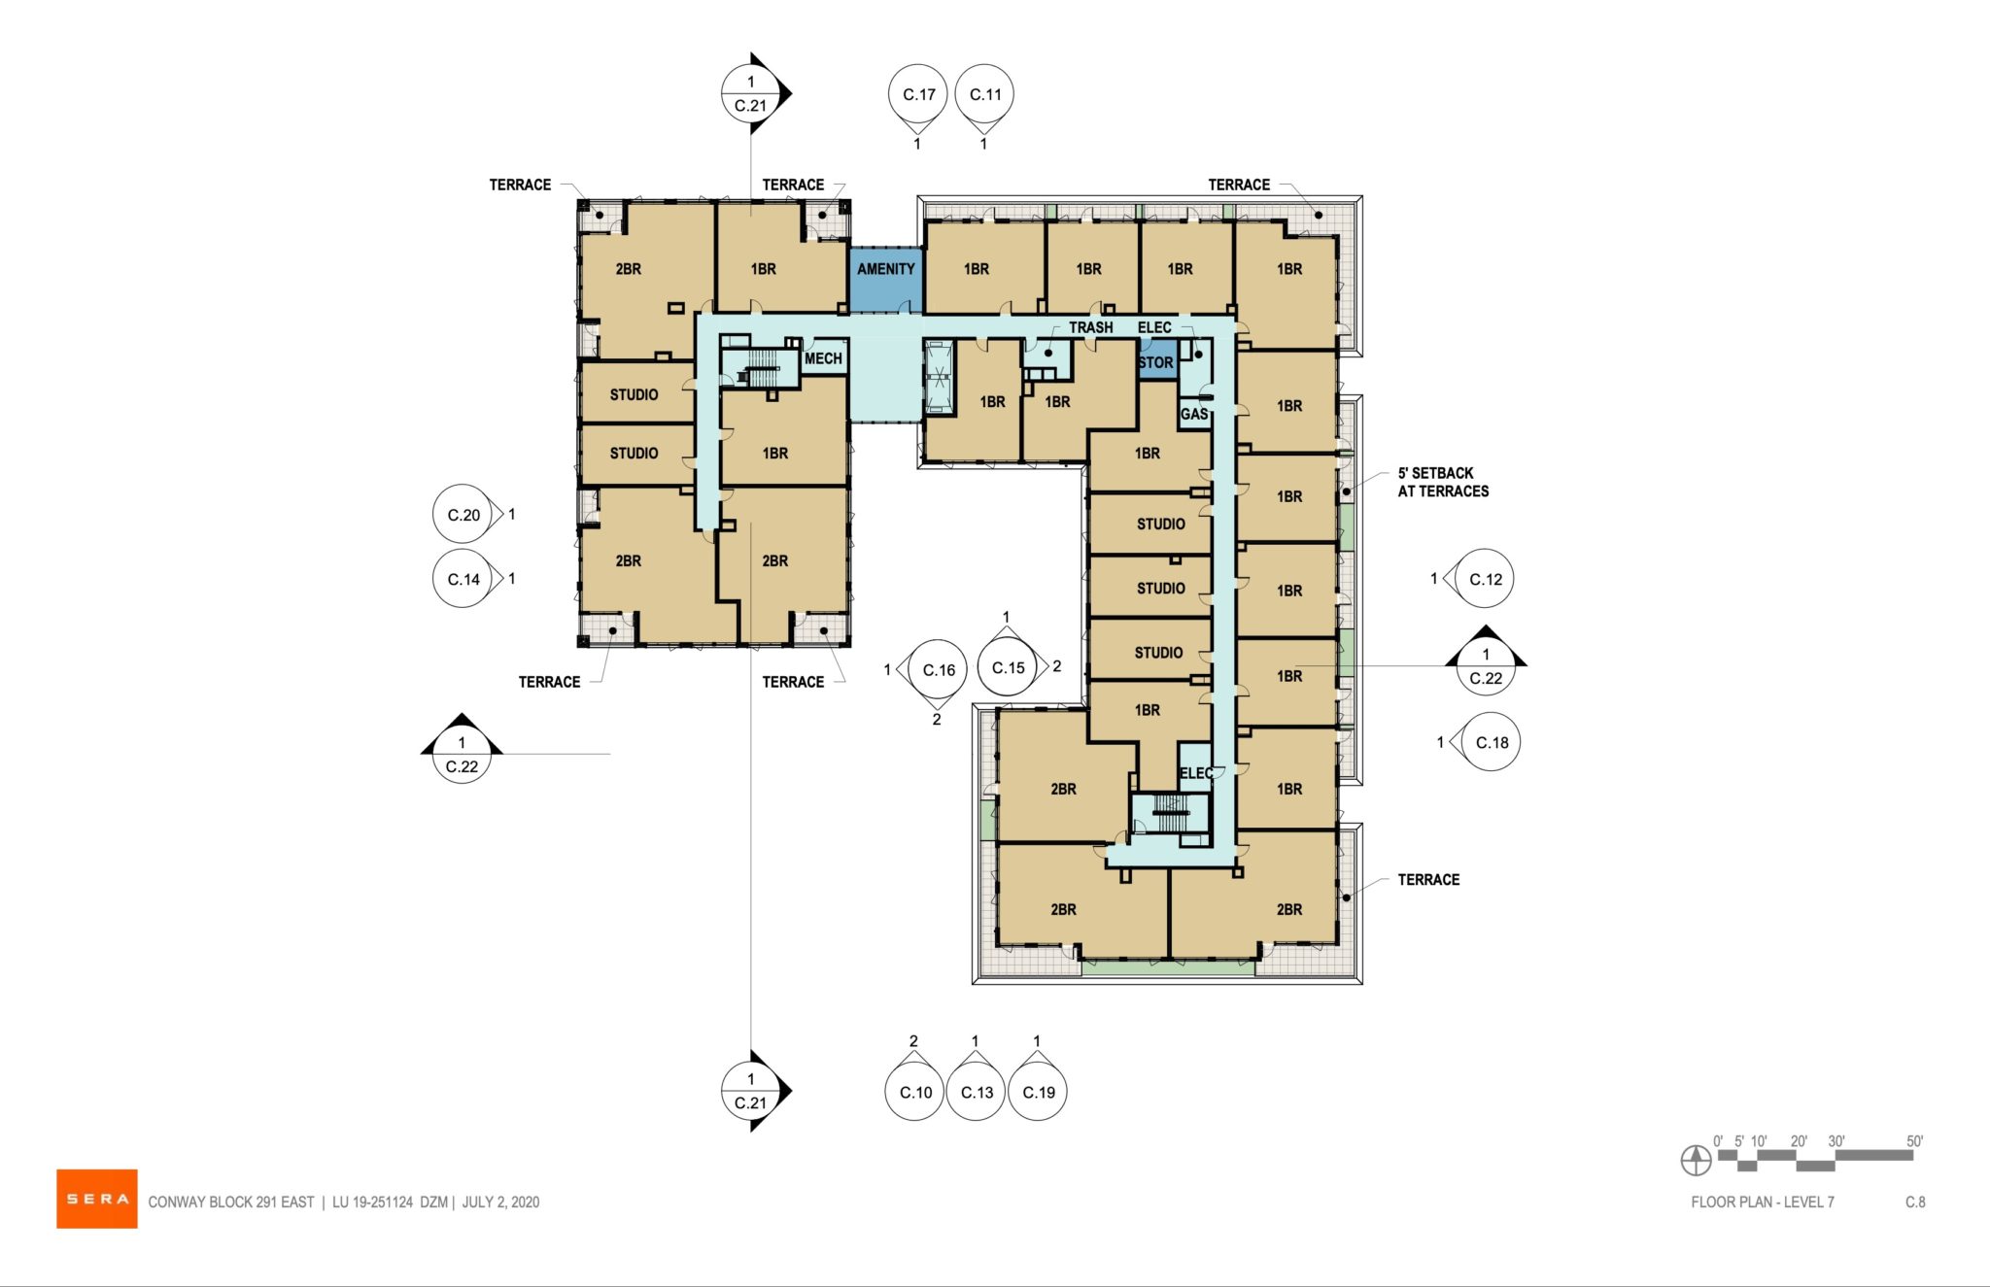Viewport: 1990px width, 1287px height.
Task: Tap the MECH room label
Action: point(823,358)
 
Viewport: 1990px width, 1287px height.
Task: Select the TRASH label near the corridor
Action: point(1090,327)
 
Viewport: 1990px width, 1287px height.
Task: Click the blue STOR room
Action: point(1156,362)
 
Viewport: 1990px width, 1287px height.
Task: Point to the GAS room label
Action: point(1194,414)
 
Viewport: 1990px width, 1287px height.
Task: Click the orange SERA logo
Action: point(96,1199)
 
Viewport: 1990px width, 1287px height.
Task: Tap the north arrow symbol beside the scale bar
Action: point(1696,1159)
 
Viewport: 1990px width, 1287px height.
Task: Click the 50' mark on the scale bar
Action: point(1913,1141)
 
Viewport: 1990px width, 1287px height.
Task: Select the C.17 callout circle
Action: point(918,94)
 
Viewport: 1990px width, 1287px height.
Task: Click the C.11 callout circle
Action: point(985,94)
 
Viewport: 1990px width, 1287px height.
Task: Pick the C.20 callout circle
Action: point(463,515)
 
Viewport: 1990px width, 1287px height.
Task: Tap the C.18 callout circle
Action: point(1491,742)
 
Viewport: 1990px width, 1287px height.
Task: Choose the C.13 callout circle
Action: point(977,1092)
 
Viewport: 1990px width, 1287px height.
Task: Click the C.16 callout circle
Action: point(939,670)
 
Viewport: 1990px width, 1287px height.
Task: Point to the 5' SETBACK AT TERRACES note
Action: point(1442,482)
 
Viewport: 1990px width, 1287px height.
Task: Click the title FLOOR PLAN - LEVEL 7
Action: point(1762,1202)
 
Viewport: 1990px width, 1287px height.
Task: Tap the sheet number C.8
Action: point(1914,1202)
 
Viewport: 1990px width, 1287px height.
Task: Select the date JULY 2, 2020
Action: point(500,1202)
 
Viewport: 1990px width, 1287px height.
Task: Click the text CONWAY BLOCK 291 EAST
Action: point(231,1202)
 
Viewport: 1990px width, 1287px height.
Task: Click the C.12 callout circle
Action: point(1485,579)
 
